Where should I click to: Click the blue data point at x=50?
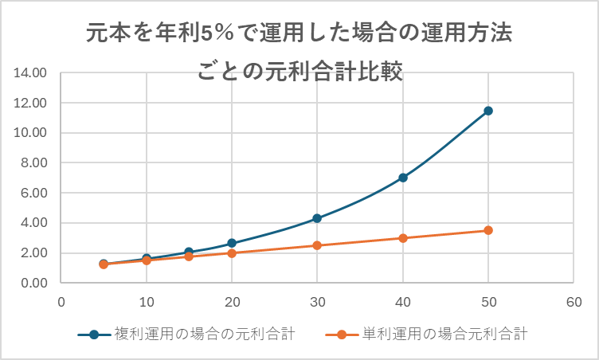click(488, 111)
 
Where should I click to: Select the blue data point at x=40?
click(403, 178)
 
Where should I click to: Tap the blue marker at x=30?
click(317, 218)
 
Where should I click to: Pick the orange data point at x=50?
click(488, 230)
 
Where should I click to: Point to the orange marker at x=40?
click(403, 238)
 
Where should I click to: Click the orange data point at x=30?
click(317, 245)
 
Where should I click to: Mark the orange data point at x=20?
click(232, 253)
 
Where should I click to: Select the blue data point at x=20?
click(232, 243)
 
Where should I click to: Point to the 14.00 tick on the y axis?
click(31, 73)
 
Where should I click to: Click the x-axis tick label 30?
click(317, 302)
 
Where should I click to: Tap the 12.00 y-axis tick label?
click(31, 104)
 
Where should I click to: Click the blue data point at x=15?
click(189, 252)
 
